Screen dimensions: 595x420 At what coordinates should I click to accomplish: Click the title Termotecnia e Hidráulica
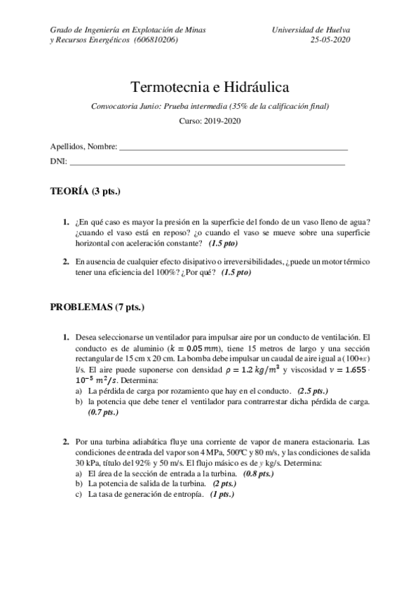coord(210,87)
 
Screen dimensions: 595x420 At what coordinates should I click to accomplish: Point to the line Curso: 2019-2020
coord(210,120)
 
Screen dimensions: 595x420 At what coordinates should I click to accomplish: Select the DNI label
coord(58,161)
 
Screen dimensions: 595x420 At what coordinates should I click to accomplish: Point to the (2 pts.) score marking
coord(224,483)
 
